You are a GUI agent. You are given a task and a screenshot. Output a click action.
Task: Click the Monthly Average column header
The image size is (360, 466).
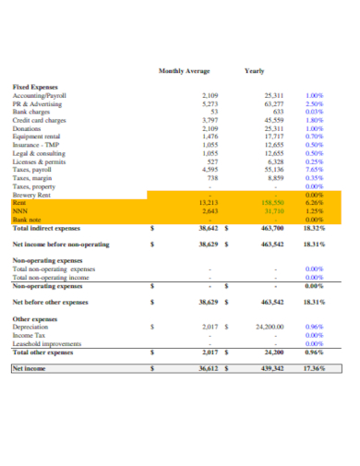click(184, 71)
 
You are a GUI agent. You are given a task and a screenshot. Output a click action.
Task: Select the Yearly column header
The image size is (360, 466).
click(254, 71)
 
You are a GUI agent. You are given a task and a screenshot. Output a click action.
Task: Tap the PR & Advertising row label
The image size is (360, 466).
click(38, 104)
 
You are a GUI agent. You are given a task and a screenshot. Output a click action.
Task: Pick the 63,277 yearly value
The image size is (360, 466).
click(274, 104)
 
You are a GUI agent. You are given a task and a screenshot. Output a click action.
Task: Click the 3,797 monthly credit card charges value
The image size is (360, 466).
click(210, 120)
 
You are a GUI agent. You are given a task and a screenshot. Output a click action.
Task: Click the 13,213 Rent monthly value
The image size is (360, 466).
click(209, 202)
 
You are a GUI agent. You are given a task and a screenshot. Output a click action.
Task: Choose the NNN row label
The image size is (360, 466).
click(19, 210)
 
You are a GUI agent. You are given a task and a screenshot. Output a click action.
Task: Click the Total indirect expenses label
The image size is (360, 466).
click(47, 227)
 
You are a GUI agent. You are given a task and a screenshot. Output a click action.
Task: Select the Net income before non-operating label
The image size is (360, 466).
click(60, 245)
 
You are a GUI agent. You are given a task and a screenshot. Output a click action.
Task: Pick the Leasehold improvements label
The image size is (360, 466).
click(47, 343)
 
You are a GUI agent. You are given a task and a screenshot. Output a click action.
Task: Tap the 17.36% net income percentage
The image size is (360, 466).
click(314, 368)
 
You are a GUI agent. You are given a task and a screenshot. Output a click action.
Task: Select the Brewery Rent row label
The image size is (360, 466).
click(32, 195)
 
